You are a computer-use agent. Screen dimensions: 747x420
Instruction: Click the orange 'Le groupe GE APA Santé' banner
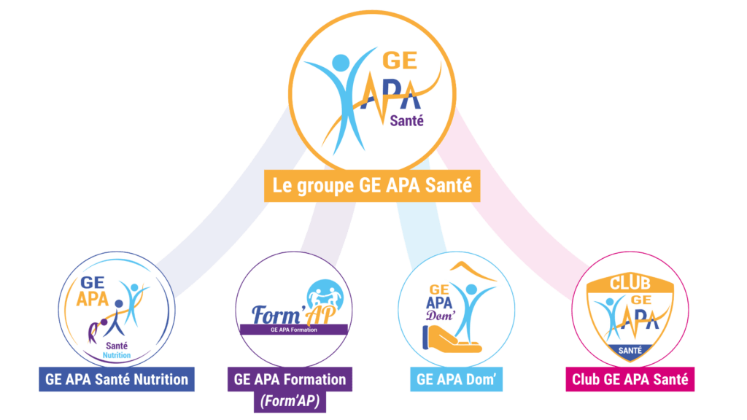pos(372,186)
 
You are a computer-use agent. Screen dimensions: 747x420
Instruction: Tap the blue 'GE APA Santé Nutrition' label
pos(117,379)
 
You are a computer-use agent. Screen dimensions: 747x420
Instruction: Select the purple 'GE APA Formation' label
pos(290,379)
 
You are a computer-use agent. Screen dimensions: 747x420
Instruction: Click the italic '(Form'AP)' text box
pos(290,402)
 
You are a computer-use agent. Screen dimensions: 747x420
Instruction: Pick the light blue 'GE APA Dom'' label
pos(457,379)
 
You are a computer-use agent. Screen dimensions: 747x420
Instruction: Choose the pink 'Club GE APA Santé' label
pos(630,379)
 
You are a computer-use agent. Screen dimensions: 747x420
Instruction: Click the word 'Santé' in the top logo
pos(407,121)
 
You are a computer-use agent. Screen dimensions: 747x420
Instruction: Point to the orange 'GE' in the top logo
pos(400,61)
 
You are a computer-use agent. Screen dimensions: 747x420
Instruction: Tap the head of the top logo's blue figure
pos(341,63)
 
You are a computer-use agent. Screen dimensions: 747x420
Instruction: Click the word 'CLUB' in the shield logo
pos(630,284)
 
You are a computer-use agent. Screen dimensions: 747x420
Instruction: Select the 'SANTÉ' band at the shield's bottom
pos(630,351)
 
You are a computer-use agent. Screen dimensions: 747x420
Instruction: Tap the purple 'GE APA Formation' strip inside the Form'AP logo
pos(293,330)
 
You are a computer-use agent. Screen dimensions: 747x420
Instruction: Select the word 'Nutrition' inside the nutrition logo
pos(117,355)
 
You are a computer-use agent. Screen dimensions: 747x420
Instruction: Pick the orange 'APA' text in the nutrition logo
pos(93,300)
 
